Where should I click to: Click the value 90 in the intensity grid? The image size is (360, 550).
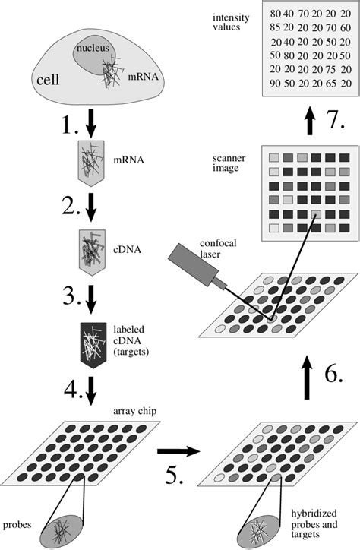275,83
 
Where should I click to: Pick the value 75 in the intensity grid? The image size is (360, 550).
331,68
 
